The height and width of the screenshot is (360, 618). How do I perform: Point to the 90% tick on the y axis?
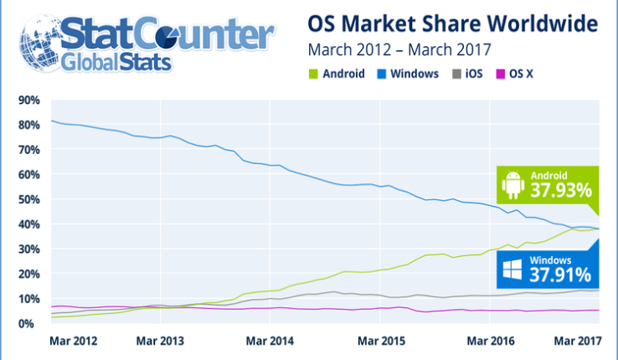tap(28, 100)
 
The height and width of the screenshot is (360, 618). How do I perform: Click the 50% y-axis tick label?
tap(28, 199)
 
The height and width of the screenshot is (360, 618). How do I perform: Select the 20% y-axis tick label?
tap(28, 274)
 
